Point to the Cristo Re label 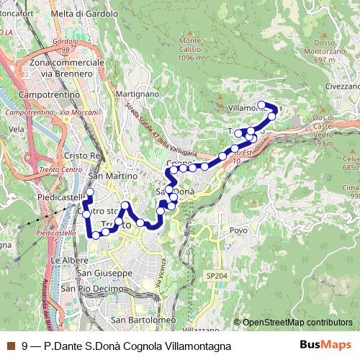coord(81,156)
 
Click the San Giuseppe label coord(104,274)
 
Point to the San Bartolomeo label coord(143,320)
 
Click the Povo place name coord(238,230)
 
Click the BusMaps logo coord(325,346)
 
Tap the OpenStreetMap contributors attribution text coord(297,322)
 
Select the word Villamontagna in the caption coord(197,346)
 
